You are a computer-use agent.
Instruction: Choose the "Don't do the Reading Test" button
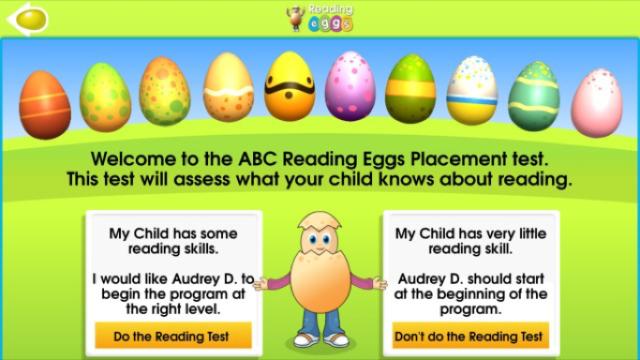point(470,336)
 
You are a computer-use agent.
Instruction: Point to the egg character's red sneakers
point(320,341)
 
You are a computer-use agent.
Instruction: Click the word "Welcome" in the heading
point(133,159)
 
